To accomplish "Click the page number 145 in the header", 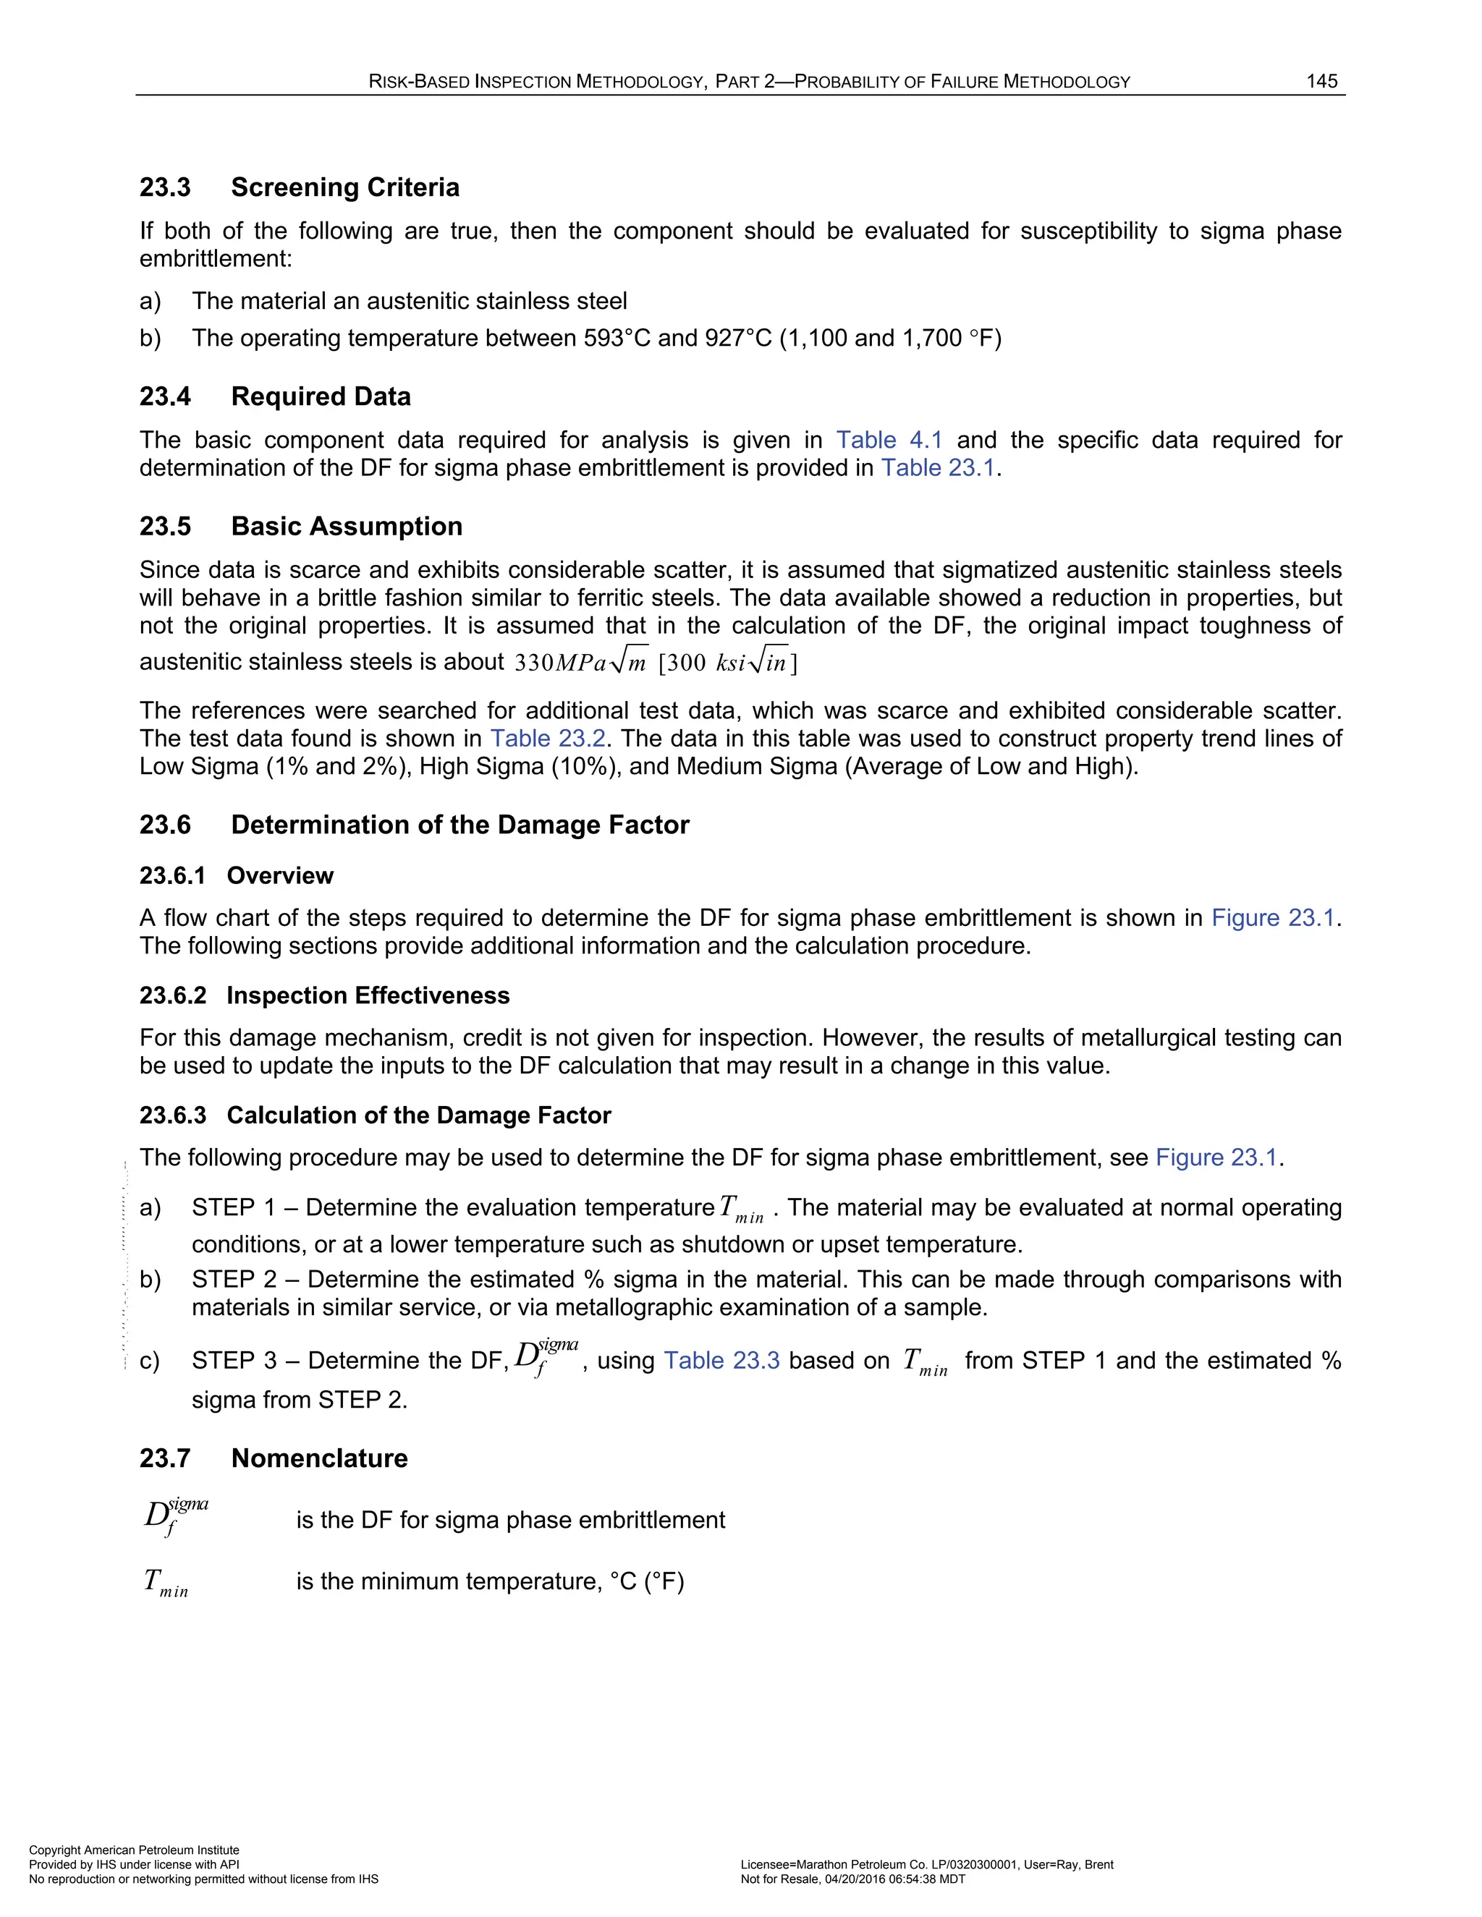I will [x=1321, y=82].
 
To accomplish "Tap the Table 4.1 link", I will [x=889, y=440].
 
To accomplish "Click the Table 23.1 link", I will [x=938, y=468].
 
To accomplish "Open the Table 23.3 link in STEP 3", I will [x=721, y=1361].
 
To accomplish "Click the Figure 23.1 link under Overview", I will [x=1272, y=918].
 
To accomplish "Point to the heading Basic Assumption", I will [x=347, y=526].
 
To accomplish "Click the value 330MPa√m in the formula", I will [x=580, y=662].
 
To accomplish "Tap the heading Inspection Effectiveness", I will [x=368, y=995].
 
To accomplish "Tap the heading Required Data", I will [x=321, y=396].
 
